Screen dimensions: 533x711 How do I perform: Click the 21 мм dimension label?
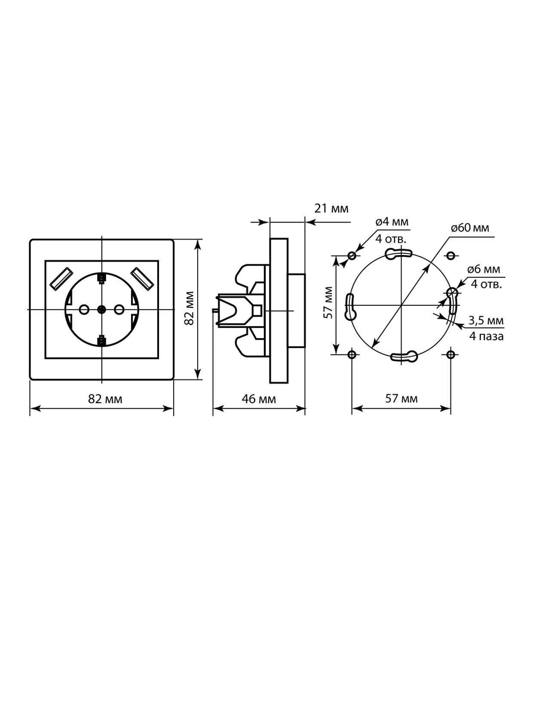[331, 209]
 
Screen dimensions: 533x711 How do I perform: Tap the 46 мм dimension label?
[259, 399]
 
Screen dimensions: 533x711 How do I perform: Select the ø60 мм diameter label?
[470, 228]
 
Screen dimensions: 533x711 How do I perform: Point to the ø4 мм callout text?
[392, 222]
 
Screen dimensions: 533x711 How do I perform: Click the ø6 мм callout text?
[484, 269]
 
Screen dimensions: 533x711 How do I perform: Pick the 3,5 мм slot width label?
[486, 321]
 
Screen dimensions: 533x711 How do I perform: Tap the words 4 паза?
[487, 336]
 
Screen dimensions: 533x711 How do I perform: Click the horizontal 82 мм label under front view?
[105, 399]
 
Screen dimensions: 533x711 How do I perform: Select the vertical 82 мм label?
[189, 308]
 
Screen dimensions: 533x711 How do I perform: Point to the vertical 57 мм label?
[328, 302]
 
